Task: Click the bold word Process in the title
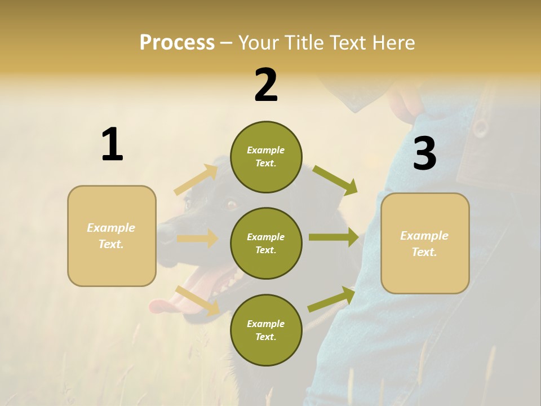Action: coord(177,42)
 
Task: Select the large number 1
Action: coord(112,144)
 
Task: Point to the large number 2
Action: coord(266,85)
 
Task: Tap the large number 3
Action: coord(424,154)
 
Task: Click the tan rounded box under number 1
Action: coord(112,236)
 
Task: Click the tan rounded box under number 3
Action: coord(425,244)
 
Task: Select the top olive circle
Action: coord(266,157)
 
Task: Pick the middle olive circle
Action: coord(266,243)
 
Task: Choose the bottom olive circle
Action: coord(266,330)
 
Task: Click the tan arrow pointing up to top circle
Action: coord(196,180)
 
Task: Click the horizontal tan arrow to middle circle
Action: coord(197,239)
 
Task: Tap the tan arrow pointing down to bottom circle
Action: coord(197,301)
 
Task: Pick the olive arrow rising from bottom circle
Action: coord(331,299)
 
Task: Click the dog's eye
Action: coord(231,204)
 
